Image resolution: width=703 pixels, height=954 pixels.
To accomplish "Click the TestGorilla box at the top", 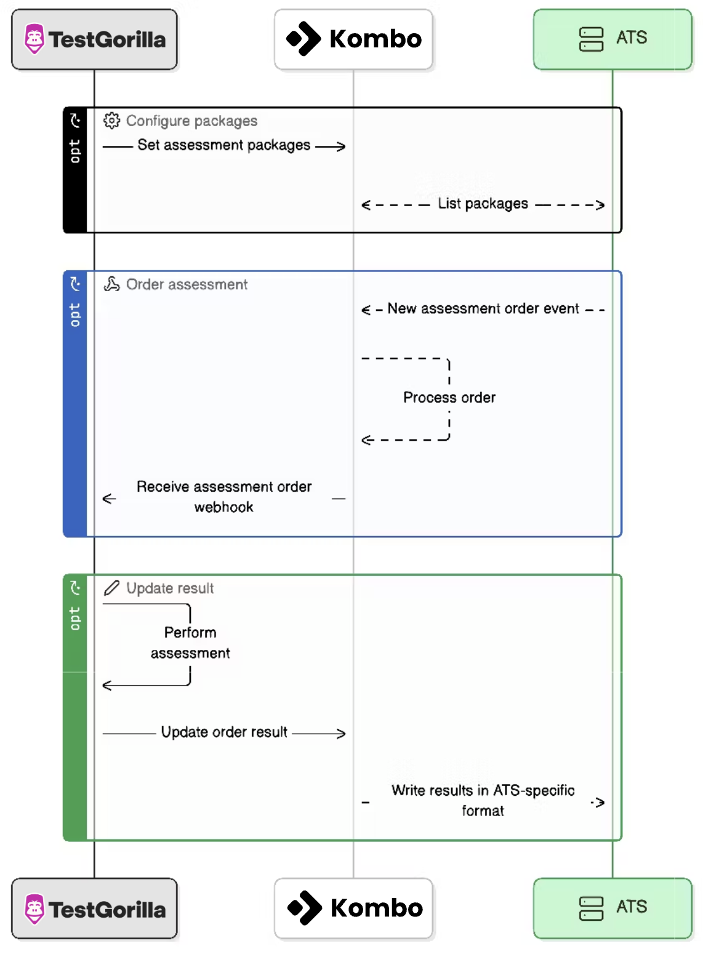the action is tap(94, 39).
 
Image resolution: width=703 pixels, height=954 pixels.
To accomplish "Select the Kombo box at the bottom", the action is tap(353, 908).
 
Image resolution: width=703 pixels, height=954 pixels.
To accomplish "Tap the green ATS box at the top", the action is tap(613, 39).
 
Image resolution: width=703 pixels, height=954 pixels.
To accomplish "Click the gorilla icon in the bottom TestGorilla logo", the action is tap(34, 908).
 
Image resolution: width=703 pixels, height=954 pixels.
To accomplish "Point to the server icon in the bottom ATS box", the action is tap(591, 908).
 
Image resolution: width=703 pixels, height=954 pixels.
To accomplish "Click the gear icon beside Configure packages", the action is tap(111, 121).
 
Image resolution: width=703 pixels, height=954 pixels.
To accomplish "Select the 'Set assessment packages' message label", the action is tap(223, 145).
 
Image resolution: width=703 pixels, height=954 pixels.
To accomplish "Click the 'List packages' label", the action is tap(483, 204).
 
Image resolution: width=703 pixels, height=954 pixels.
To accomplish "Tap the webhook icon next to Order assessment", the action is tap(111, 284).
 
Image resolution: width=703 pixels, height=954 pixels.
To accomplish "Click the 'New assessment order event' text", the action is tap(483, 308).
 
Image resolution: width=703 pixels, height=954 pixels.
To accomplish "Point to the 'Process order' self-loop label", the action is tap(449, 398).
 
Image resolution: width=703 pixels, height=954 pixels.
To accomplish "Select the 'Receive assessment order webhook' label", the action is tap(224, 497).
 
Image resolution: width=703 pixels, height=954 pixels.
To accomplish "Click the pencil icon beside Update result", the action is tap(111, 588).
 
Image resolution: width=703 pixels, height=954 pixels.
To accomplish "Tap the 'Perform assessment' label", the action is tap(190, 643).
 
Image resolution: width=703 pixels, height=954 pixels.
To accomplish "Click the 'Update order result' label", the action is tap(224, 732).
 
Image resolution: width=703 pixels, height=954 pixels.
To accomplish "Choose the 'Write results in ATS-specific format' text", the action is tap(483, 800).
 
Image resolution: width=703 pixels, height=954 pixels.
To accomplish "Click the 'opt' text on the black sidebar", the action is tap(74, 151).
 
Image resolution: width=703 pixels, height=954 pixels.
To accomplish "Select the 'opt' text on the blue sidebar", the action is tap(74, 315).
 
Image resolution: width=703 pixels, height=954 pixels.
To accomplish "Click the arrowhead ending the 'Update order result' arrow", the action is tap(341, 734).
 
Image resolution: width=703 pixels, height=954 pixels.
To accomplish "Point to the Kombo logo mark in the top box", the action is tap(303, 39).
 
